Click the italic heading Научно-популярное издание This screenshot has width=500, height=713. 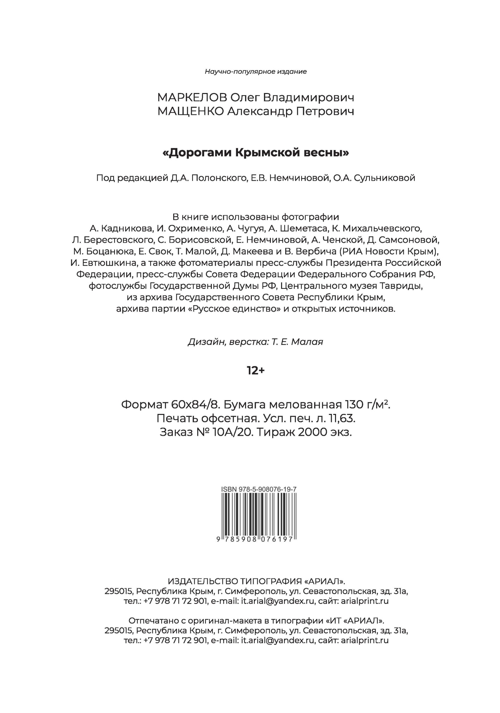click(x=256, y=72)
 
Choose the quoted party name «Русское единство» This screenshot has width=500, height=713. click(x=236, y=309)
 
